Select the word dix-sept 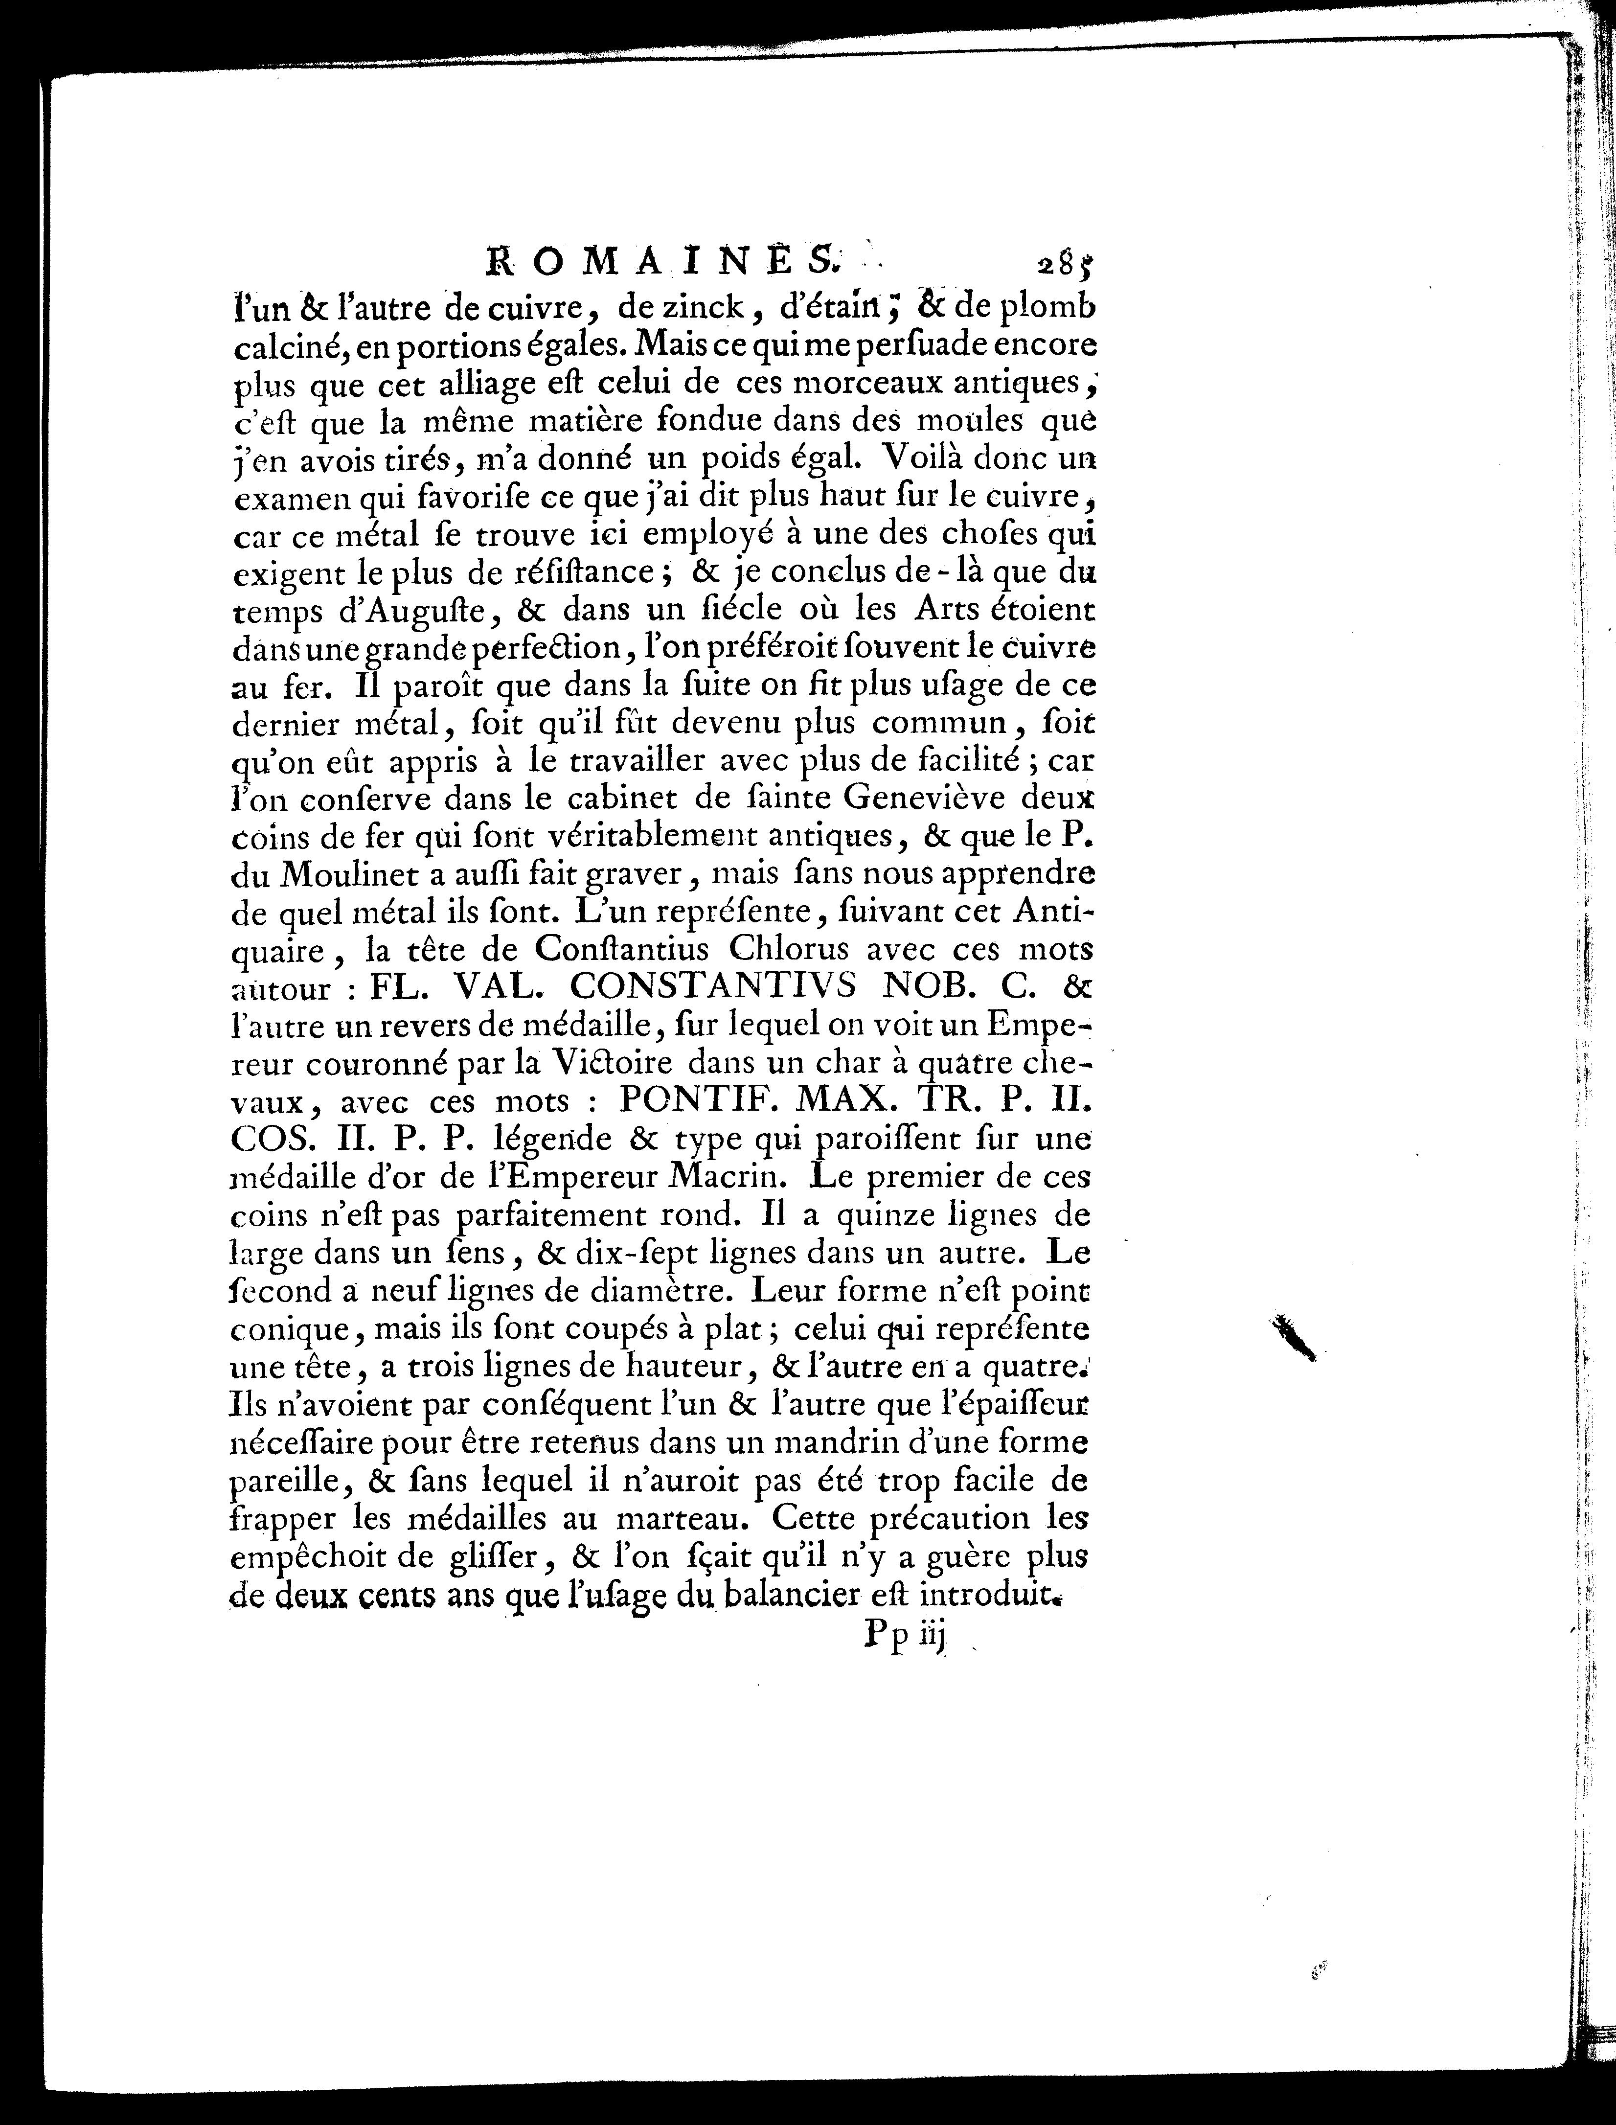click(712, 1254)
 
